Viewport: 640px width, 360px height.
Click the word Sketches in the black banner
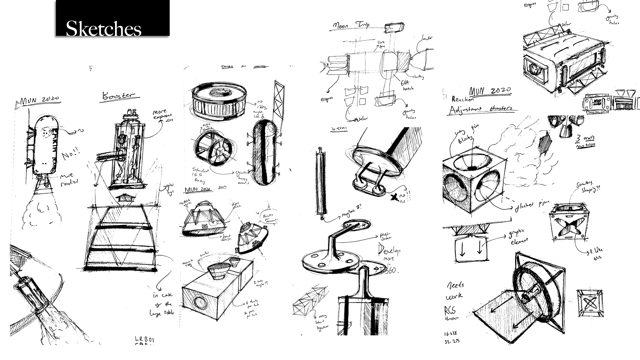click(104, 29)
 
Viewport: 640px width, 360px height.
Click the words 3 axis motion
click(586, 141)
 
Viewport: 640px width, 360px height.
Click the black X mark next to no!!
click(395, 198)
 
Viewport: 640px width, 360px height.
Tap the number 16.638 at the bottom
click(451, 334)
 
